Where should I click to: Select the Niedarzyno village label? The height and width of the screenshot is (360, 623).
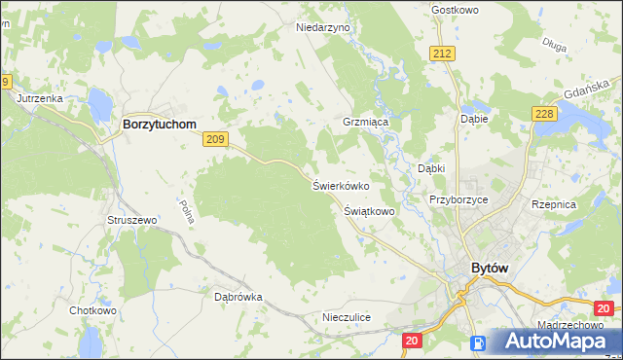pyautogui.click(x=322, y=28)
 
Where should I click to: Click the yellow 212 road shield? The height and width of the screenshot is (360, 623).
pyautogui.click(x=444, y=53)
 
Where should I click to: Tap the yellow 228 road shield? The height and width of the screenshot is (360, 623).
pyautogui.click(x=544, y=114)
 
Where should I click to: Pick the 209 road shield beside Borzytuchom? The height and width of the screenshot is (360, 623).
pyautogui.click(x=216, y=141)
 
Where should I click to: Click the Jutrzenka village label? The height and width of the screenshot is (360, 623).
pyautogui.click(x=39, y=99)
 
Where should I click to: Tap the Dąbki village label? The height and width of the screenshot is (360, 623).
pyautogui.click(x=431, y=167)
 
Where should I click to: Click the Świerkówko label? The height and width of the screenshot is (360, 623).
pyautogui.click(x=340, y=185)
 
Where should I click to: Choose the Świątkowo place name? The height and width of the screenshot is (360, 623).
pyautogui.click(x=369, y=210)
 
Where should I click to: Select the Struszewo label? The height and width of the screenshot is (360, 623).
pyautogui.click(x=131, y=221)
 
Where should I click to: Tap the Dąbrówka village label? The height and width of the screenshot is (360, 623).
pyautogui.click(x=238, y=297)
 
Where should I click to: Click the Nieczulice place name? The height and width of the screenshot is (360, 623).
pyautogui.click(x=347, y=318)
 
